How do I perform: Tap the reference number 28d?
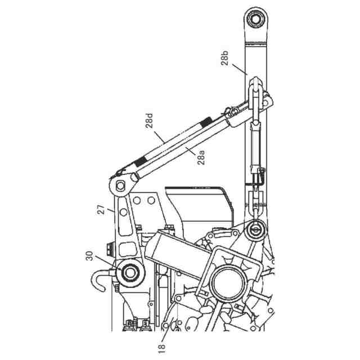point(150,121)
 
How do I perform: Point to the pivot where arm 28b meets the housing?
point(256,229)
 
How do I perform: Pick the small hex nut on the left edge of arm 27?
point(109,246)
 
